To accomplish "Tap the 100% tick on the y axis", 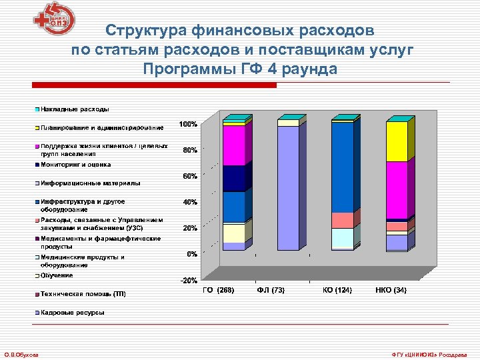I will [187, 125].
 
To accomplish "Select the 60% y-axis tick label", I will [189, 177].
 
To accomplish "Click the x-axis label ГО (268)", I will [218, 291].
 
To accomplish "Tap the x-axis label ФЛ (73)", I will [271, 291].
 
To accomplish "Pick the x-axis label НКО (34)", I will [391, 291].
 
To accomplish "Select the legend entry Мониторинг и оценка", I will [75, 165].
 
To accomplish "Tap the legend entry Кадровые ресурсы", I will [72, 312].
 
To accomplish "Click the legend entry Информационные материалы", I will [90, 183].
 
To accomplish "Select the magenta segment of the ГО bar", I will [233, 145].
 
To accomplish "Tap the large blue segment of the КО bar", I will [342, 167].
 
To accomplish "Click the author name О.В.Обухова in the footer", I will [21, 354].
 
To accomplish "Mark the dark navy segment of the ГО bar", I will [233, 178].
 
